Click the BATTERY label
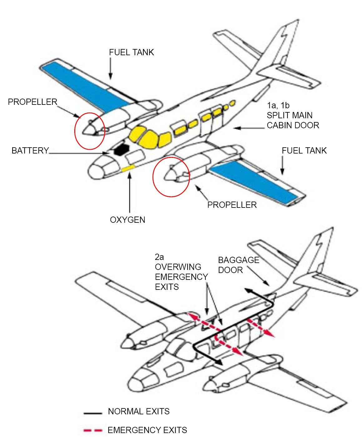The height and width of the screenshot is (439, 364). (30, 151)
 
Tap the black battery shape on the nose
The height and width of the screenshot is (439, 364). (121, 149)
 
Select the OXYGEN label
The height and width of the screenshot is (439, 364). (127, 220)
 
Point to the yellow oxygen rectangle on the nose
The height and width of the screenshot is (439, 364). (128, 168)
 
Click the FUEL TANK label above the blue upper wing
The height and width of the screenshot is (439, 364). (131, 52)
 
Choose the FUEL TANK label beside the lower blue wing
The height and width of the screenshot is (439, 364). (304, 151)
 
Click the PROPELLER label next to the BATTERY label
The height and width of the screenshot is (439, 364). (32, 102)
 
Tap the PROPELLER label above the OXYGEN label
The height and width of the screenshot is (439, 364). (232, 205)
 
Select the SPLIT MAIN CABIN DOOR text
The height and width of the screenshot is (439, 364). (293, 120)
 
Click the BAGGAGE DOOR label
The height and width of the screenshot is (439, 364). (239, 265)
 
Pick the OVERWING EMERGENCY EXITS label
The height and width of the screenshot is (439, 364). (181, 277)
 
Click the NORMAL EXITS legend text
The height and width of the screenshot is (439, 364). (139, 411)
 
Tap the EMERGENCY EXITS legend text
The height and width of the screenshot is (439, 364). (147, 430)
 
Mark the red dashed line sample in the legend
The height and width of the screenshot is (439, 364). (93, 431)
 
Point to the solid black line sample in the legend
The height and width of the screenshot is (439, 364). (93, 413)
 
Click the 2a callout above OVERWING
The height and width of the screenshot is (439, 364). (159, 257)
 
